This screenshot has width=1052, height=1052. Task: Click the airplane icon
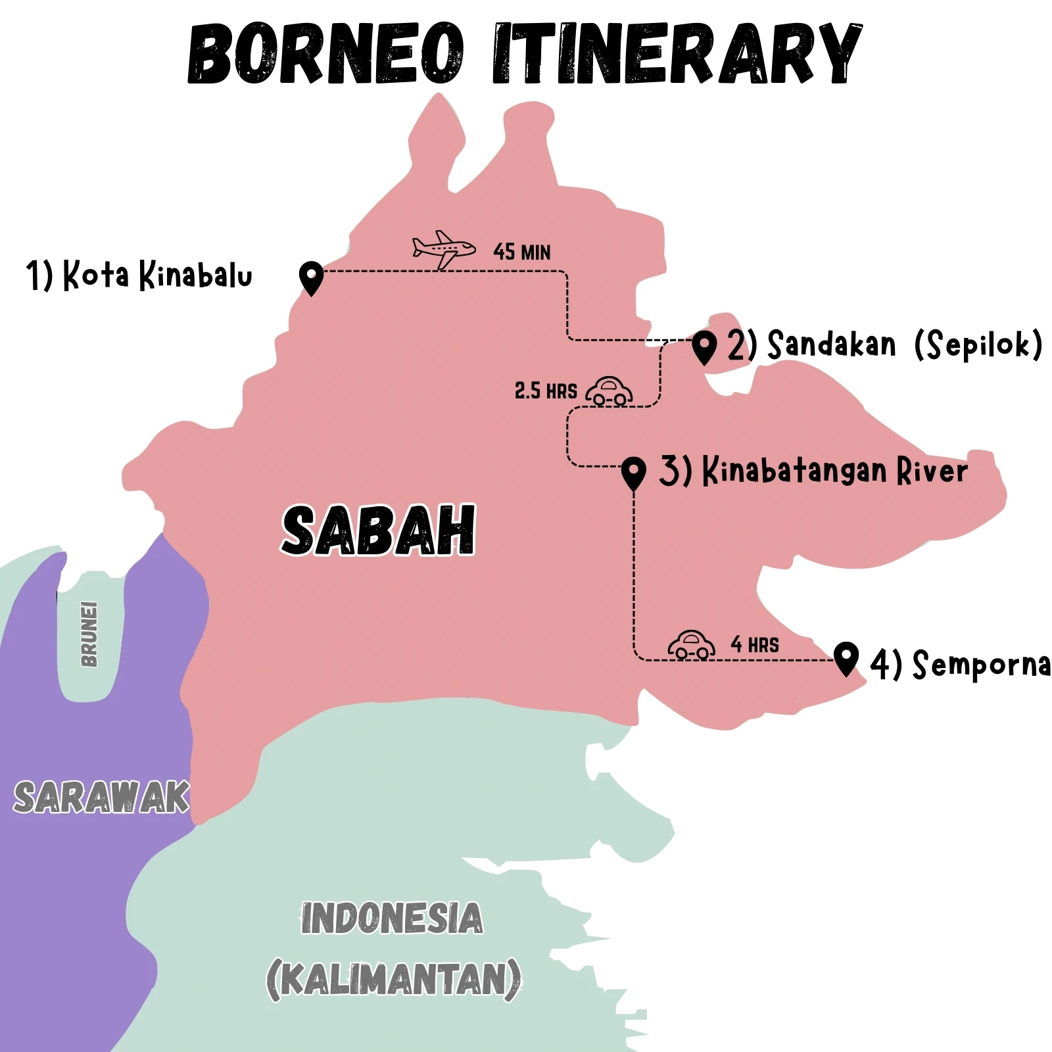(x=443, y=249)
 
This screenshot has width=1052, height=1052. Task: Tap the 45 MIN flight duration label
(x=521, y=252)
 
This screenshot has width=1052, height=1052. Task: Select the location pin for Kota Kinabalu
(x=311, y=277)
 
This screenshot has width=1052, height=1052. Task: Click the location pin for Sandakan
(x=704, y=347)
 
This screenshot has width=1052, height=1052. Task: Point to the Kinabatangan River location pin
(x=633, y=473)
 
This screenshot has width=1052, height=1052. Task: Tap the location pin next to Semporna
(x=846, y=657)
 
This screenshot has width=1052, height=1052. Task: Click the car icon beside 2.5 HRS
(x=609, y=391)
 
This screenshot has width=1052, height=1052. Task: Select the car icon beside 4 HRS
(x=691, y=644)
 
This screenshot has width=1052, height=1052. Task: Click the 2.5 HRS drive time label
(x=545, y=391)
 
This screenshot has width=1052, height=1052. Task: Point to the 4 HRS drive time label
(x=755, y=645)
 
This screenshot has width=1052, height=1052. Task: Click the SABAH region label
(x=379, y=531)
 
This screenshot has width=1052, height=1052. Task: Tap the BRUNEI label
(x=89, y=634)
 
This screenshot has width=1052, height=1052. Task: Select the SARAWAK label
(x=101, y=798)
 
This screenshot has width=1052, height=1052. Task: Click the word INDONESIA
(x=392, y=919)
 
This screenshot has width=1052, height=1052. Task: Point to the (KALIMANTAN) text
(x=394, y=980)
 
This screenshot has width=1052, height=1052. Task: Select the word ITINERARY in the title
(x=677, y=54)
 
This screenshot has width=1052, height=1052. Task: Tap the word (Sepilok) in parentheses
(x=978, y=344)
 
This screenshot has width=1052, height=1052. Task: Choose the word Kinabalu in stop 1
(x=195, y=275)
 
